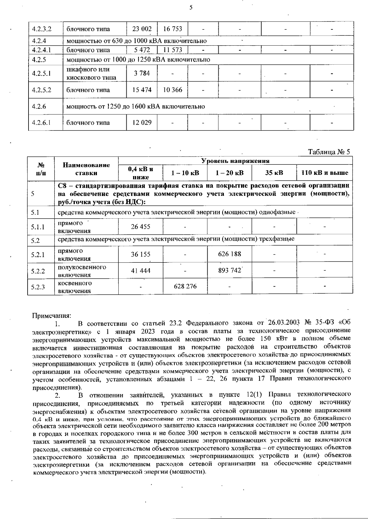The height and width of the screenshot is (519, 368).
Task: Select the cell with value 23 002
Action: click(x=142, y=29)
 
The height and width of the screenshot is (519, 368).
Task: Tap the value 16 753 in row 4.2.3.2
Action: click(x=173, y=29)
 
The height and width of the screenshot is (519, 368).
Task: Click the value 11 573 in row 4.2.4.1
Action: click(x=173, y=50)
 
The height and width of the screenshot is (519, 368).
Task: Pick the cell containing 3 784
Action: click(x=142, y=73)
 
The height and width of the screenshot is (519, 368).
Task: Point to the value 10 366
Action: click(x=173, y=90)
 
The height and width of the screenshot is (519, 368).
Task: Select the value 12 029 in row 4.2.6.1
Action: click(x=142, y=122)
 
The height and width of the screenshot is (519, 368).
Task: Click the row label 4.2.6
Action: click(x=39, y=106)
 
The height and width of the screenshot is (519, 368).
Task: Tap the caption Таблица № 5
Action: click(x=329, y=152)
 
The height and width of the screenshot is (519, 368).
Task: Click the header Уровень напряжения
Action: click(x=235, y=161)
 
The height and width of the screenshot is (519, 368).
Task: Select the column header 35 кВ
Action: click(x=274, y=173)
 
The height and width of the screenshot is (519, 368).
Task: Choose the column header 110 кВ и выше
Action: click(x=325, y=173)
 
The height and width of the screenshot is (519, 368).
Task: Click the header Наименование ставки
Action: click(x=86, y=169)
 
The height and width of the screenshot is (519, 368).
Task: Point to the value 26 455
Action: click(x=140, y=227)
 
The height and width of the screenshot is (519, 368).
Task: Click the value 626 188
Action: click(x=229, y=254)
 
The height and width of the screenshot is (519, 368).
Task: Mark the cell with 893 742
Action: click(x=229, y=270)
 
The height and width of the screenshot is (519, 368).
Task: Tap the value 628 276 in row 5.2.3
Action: click(x=185, y=286)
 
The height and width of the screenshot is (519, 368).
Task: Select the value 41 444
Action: click(x=140, y=270)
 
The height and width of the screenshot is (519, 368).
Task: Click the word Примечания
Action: click(x=52, y=315)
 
